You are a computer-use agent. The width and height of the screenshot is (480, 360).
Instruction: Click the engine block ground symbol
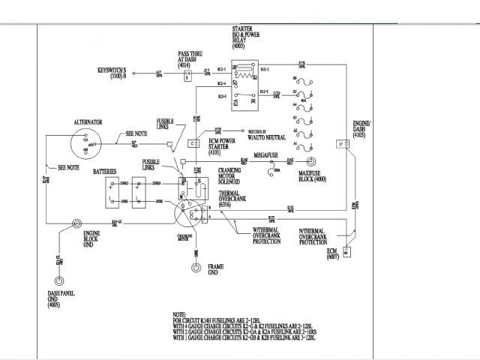(76, 223)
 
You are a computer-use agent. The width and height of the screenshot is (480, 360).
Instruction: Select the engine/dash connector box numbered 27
(340, 143)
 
